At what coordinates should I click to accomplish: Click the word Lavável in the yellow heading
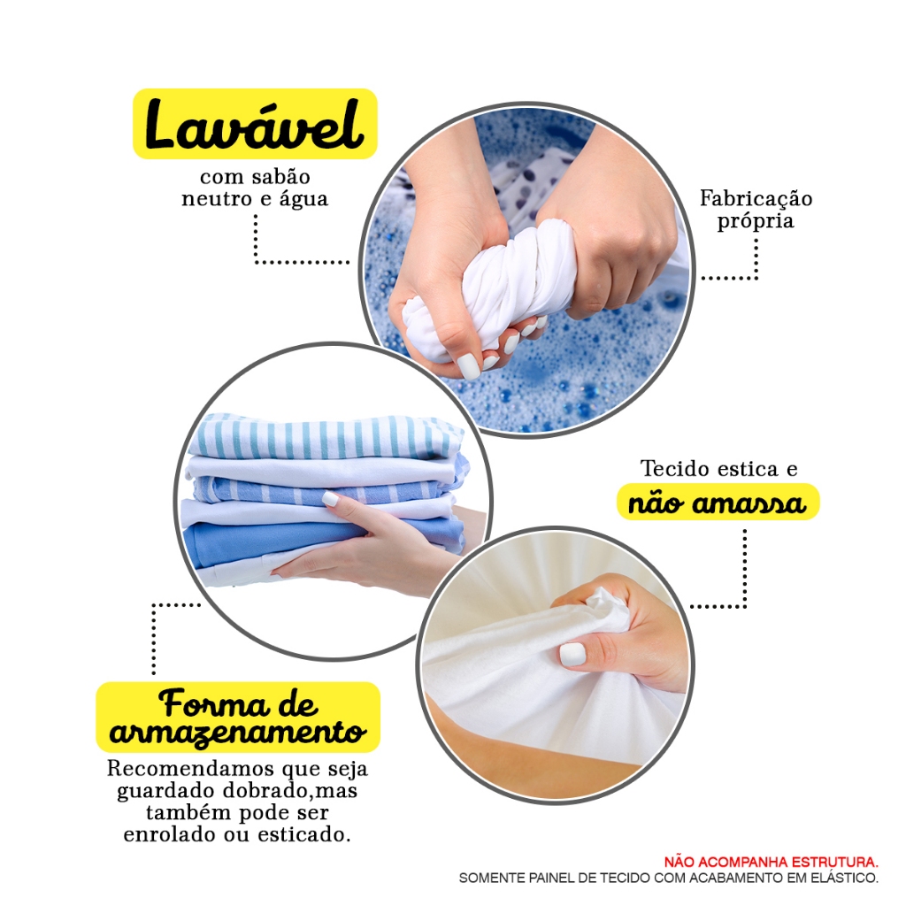[254, 124]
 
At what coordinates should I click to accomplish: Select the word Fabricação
[756, 198]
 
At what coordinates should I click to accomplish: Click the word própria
[756, 221]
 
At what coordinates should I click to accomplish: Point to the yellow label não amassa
[718, 503]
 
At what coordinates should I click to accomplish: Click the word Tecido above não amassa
[672, 468]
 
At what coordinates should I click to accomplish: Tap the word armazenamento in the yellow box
[237, 732]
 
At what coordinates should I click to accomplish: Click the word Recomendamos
[190, 769]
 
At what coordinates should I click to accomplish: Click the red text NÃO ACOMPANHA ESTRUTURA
[772, 862]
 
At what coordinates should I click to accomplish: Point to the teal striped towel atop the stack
[326, 435]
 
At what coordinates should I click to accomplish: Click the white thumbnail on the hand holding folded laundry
[330, 498]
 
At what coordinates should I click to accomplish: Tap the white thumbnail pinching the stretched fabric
[572, 654]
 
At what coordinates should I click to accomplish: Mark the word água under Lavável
[304, 199]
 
